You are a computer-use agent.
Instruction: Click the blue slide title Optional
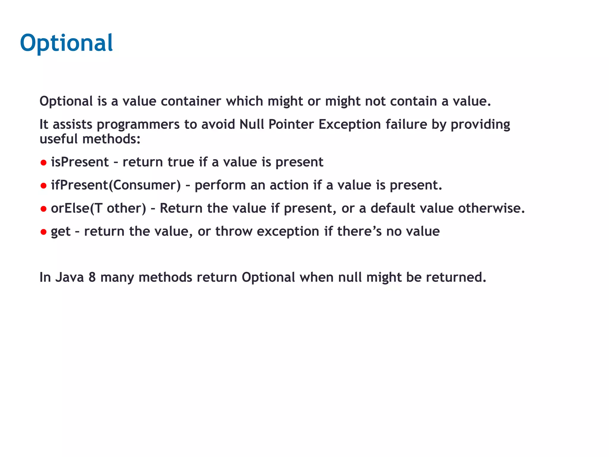(x=66, y=43)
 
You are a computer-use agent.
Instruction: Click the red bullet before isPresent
(x=43, y=163)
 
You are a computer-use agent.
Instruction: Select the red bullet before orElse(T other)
(x=43, y=209)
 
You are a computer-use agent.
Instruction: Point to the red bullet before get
(x=43, y=232)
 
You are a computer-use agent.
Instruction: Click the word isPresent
(x=80, y=162)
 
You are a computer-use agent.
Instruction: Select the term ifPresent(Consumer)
(x=116, y=185)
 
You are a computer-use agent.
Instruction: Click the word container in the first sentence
(x=191, y=101)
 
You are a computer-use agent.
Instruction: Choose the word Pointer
(x=291, y=124)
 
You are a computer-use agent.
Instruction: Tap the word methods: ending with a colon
(x=111, y=139)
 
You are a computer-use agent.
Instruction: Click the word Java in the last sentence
(x=70, y=277)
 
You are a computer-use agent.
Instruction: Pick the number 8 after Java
(x=92, y=277)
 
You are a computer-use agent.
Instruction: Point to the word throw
(x=234, y=231)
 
